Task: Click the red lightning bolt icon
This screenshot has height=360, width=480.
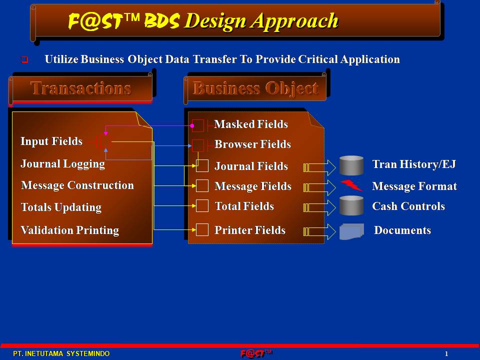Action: pos(351,185)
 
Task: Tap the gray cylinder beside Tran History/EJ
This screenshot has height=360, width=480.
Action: pos(351,165)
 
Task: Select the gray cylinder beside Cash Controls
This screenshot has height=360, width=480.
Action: pos(351,205)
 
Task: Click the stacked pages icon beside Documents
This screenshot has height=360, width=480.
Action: pos(351,231)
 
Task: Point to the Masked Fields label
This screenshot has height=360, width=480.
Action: pos(251,124)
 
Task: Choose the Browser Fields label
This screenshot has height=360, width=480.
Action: pos(252,144)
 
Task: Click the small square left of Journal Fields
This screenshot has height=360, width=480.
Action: pos(202,165)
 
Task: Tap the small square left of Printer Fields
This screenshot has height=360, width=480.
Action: pos(202,229)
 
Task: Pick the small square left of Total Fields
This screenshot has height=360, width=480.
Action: pos(202,205)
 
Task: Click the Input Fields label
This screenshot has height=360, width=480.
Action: pos(51,141)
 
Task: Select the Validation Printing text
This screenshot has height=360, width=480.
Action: pos(70,230)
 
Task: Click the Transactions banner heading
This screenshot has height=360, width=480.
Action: pos(81,88)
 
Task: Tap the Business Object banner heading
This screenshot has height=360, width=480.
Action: pos(255,88)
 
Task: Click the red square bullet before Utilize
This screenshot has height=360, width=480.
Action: pos(24,59)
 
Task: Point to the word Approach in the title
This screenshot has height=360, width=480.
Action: pos(295,21)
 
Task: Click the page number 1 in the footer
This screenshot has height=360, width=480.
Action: pos(446,353)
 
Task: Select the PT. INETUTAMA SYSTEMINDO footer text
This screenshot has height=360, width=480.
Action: pos(61,353)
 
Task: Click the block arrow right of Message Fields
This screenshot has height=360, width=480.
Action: pos(319,187)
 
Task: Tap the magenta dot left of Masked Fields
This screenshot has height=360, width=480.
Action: pos(192,126)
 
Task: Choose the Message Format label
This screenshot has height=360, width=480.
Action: pos(414,186)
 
